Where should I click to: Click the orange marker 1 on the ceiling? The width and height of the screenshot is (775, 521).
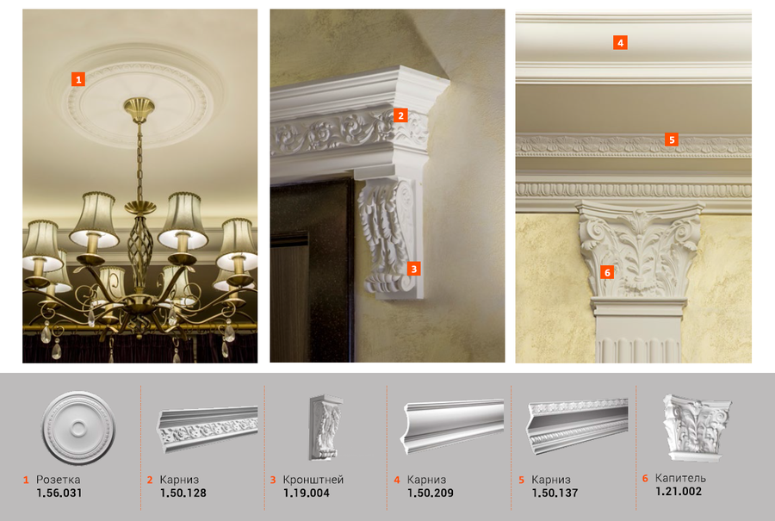coord(78,79)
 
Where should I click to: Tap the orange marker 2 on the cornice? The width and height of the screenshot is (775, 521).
coord(400,115)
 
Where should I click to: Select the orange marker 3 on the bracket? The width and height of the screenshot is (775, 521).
coord(413,269)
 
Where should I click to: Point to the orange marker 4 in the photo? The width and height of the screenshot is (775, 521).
coord(620,42)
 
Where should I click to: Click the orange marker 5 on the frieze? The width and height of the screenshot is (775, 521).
coord(671,140)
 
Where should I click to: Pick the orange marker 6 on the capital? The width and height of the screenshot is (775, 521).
coord(607,272)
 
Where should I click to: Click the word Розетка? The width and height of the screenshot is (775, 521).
coord(58,480)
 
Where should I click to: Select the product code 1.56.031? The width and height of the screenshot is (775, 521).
coord(59,493)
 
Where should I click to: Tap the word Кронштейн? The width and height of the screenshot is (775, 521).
coord(313,480)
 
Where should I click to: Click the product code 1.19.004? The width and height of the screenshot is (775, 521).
coord(307,493)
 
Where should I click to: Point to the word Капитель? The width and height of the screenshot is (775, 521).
coord(680,478)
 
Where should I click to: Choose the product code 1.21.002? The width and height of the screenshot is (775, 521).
coord(679,492)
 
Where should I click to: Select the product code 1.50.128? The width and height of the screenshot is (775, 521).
coord(183,493)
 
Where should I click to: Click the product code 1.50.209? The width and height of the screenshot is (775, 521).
coord(431,493)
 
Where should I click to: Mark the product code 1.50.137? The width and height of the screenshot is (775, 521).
coord(555,493)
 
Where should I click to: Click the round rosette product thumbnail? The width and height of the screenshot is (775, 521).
coord(78,428)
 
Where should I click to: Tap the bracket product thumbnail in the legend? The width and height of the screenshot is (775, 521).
coord(325,427)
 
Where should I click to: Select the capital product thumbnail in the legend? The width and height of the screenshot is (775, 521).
coord(697,428)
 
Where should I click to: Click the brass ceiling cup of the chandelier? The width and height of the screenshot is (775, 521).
coord(139,109)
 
